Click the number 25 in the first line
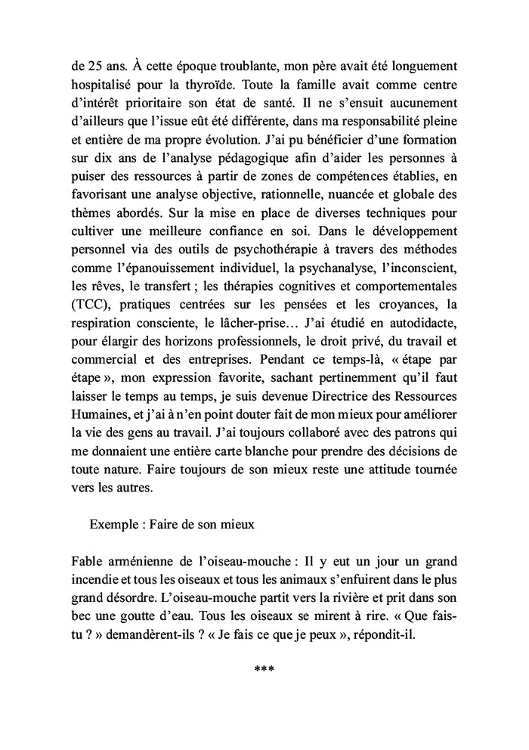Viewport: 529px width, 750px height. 89,66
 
